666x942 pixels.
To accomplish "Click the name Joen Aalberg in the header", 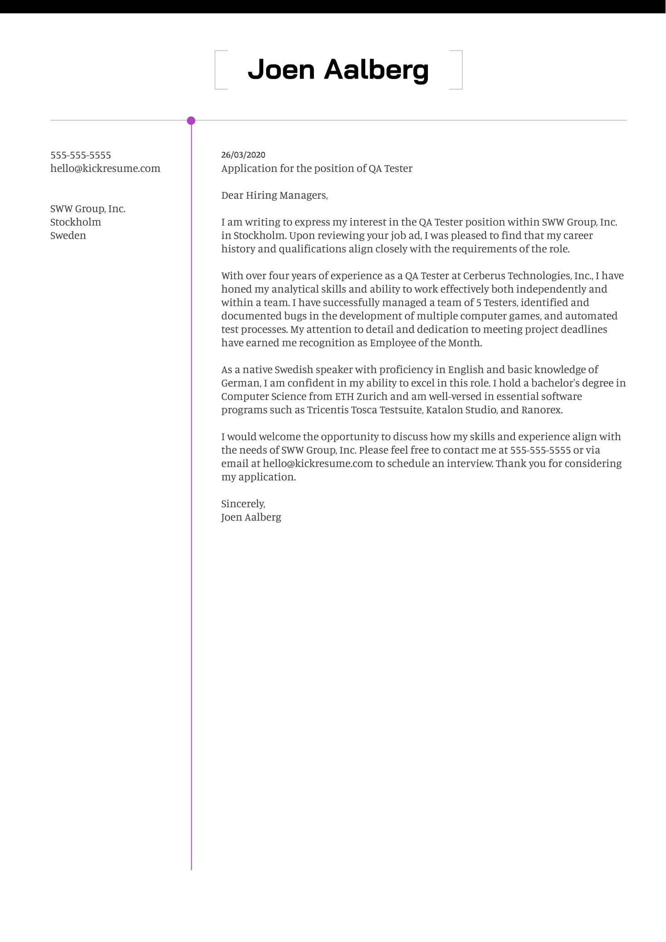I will click(338, 70).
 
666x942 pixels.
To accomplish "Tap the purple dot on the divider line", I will click(191, 121).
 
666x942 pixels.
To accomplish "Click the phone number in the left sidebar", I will click(81, 155).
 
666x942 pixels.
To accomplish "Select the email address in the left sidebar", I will click(105, 168).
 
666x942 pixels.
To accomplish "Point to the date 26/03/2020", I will click(243, 155).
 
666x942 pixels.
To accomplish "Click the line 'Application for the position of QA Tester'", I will click(317, 168).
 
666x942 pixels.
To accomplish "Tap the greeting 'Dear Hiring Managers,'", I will click(274, 195).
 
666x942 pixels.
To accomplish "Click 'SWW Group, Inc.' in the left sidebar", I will click(88, 209).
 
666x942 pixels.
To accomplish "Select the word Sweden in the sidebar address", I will click(68, 235).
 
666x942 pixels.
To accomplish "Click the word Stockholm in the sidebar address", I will click(76, 222).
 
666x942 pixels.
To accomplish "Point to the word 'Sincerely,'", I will click(243, 504).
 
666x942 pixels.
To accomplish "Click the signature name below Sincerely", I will click(251, 517).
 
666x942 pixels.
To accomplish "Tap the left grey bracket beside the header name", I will click(218, 70).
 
